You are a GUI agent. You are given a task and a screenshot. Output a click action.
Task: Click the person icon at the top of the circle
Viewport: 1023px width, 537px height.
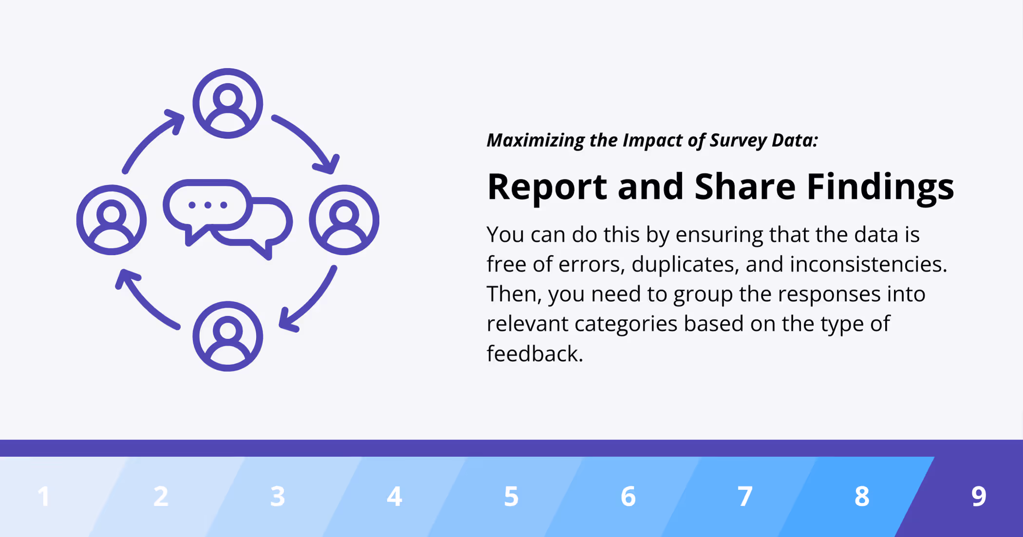(x=227, y=103)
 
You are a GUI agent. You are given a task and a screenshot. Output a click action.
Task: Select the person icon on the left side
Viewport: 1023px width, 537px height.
(x=112, y=220)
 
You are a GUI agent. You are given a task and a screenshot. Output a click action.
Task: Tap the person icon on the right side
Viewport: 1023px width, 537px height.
(x=344, y=220)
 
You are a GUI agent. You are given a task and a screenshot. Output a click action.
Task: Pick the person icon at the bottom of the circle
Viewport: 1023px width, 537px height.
(x=227, y=336)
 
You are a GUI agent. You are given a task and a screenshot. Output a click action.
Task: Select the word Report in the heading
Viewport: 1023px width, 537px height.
(x=547, y=187)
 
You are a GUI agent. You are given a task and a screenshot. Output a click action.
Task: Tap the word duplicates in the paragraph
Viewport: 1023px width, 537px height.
(x=684, y=264)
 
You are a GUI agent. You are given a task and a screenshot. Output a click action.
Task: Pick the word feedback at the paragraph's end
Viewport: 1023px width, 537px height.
(x=534, y=354)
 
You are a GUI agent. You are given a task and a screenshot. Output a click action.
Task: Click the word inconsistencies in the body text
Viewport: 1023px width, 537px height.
(x=868, y=264)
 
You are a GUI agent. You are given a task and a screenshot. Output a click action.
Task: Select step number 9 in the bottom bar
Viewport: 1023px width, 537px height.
(x=978, y=497)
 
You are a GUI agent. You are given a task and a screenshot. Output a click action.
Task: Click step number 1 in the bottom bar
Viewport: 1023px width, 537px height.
(x=44, y=497)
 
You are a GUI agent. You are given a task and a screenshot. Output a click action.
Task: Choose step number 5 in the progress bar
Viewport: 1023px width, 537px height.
(x=511, y=497)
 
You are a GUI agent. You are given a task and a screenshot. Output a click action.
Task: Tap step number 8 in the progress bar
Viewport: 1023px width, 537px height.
(x=862, y=497)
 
